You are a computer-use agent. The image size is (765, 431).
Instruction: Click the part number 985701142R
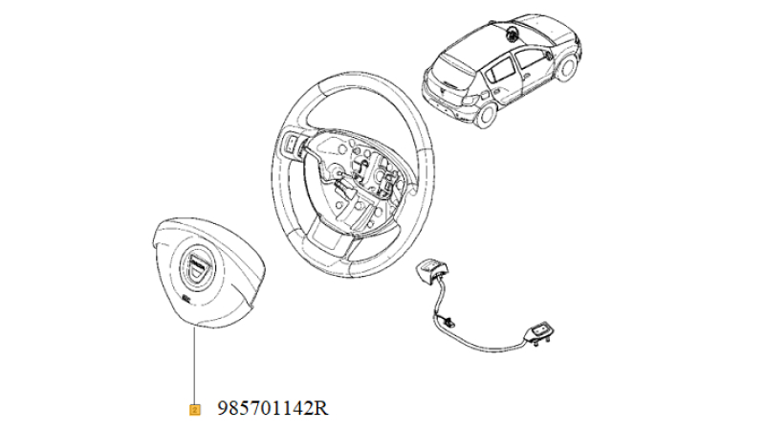(x=273, y=408)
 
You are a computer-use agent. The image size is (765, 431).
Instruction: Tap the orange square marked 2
(x=195, y=410)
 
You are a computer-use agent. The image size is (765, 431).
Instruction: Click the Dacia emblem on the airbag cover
(x=197, y=266)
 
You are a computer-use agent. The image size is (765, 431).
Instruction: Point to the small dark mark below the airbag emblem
(x=186, y=297)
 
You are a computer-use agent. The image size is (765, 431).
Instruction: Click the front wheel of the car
(x=566, y=67)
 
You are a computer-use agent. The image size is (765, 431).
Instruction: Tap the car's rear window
(x=453, y=71)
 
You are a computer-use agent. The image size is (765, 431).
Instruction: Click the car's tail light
(x=470, y=100)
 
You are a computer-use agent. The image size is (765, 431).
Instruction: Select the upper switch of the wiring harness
(x=431, y=270)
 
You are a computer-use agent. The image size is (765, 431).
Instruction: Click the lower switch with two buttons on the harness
(x=539, y=333)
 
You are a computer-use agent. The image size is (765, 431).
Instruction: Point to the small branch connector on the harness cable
(x=450, y=322)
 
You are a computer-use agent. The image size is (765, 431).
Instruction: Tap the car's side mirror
(x=550, y=55)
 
